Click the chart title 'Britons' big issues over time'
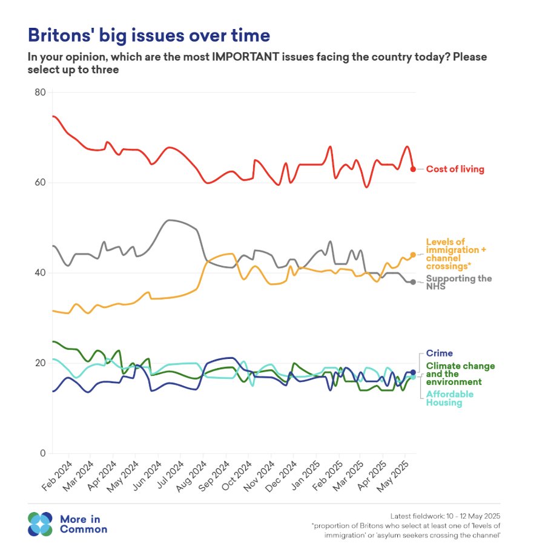(148, 35)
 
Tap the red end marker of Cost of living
(413, 169)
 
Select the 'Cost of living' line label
(455, 169)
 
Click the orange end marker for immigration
(413, 255)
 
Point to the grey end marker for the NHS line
(413, 282)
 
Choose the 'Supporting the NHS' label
(458, 282)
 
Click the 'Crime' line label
(439, 353)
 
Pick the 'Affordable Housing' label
(450, 398)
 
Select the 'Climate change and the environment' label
(460, 374)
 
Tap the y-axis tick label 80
(40, 93)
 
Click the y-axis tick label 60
(40, 183)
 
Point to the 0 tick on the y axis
(43, 453)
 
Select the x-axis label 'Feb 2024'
(58, 476)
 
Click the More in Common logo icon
(41, 524)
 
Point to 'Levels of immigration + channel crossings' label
(456, 254)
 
